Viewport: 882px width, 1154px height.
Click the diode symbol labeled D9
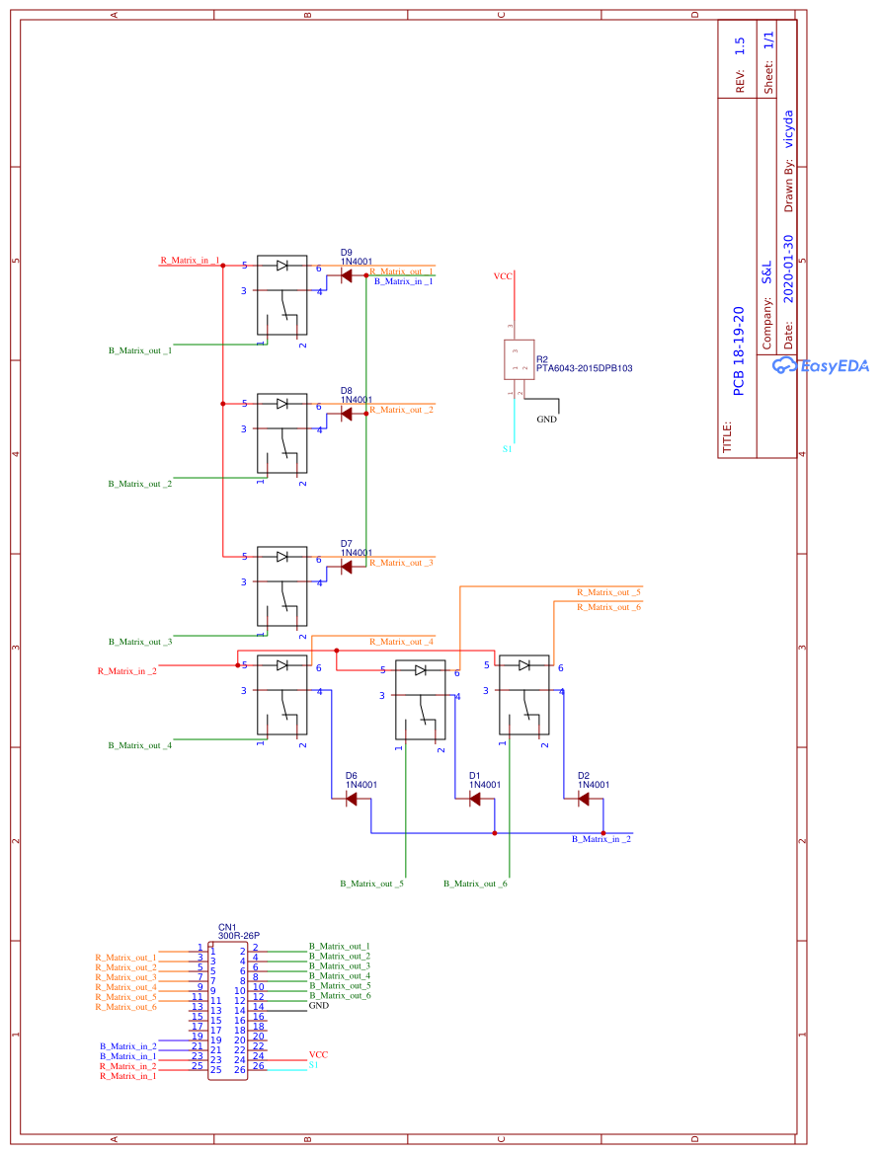coord(347,276)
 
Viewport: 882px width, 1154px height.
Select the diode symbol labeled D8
coord(347,415)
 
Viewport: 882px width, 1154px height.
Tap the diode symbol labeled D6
coord(352,800)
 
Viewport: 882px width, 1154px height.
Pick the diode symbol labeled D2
coord(584,799)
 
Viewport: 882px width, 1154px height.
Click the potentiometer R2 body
coord(519,359)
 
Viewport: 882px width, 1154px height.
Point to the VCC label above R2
coord(503,276)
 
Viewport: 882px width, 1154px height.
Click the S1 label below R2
coord(507,449)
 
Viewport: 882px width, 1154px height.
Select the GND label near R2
coord(546,420)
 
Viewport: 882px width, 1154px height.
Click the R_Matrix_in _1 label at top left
coord(190,261)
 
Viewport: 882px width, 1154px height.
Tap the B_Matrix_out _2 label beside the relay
coord(140,484)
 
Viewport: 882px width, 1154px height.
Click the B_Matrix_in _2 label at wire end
coord(601,839)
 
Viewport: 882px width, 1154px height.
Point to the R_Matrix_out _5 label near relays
coord(609,592)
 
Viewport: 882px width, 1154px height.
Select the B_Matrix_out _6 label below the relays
coord(475,884)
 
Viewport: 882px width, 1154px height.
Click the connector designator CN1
coord(227,928)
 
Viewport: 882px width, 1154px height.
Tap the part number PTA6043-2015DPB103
coord(585,368)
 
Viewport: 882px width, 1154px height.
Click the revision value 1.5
coord(740,46)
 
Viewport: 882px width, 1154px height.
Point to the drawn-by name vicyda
coord(788,128)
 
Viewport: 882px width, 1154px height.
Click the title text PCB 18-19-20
coord(738,350)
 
